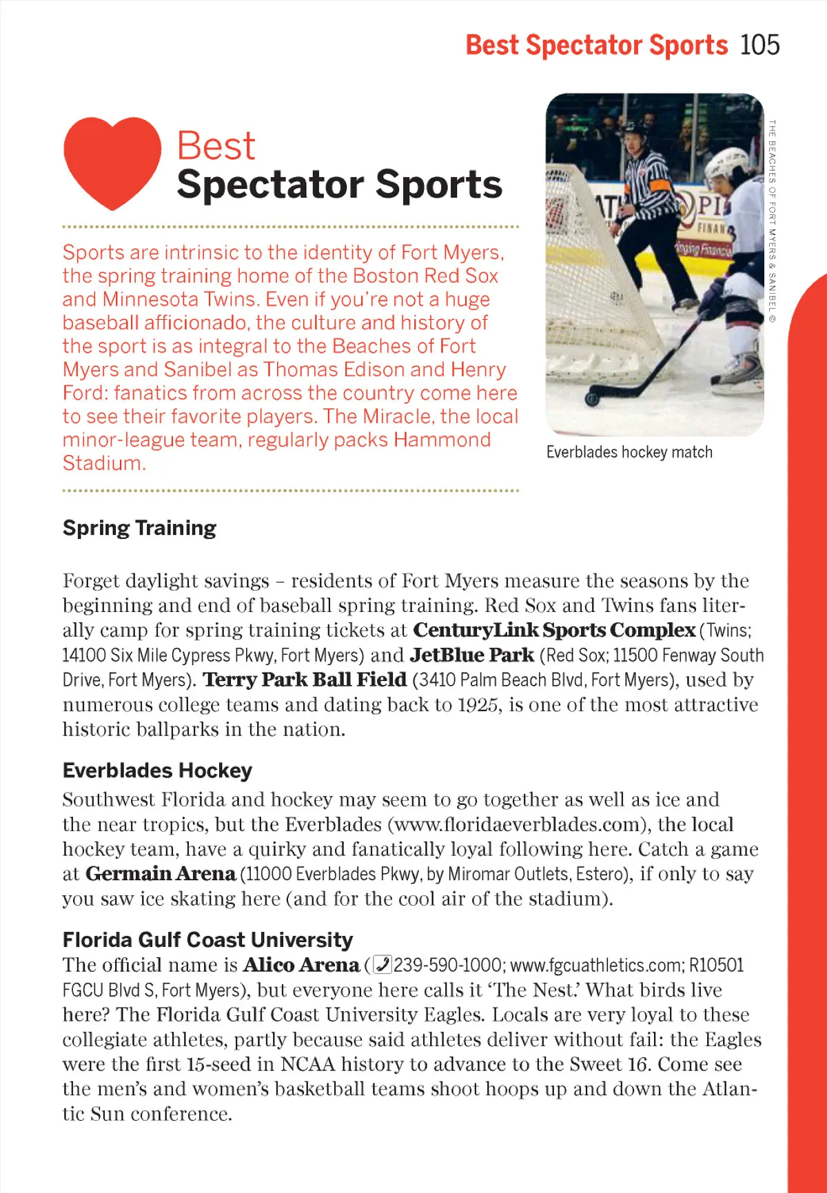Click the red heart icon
pos(112,161)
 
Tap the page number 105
pos(760,45)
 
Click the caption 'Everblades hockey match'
pos(629,452)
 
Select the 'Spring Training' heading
pos(139,528)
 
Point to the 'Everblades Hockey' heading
pos(157,771)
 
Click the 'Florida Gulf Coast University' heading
pos(207,940)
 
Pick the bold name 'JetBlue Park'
pos(472,655)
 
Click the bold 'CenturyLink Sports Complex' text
pos(554,630)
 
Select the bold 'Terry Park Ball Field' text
pos(305,680)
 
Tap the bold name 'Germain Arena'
pos(161,874)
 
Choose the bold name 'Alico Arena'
pos(301,965)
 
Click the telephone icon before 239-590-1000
pos(382,965)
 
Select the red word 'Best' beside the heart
pos(216,146)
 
